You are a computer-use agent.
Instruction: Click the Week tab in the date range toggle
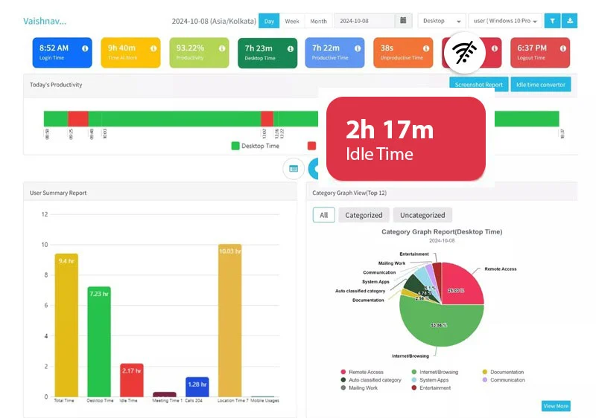[x=292, y=21]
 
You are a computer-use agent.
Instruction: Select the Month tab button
[x=318, y=21]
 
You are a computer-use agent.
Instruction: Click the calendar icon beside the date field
[x=403, y=21]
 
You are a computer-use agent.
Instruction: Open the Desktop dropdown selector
[x=442, y=21]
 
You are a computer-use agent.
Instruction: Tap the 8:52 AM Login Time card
[x=63, y=52]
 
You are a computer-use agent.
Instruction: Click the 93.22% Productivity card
[x=199, y=52]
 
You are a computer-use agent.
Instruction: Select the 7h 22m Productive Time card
[x=335, y=52]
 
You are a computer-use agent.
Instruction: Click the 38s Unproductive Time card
[x=402, y=52]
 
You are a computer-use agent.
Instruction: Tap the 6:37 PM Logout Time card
[x=539, y=52]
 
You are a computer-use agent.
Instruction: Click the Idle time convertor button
[x=541, y=85]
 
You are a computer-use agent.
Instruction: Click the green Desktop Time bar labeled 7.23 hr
[x=98, y=341]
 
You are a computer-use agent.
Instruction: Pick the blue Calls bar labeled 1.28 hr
[x=197, y=387]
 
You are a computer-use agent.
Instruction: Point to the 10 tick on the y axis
[x=45, y=245]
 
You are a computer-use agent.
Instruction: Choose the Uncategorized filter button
[x=422, y=215]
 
